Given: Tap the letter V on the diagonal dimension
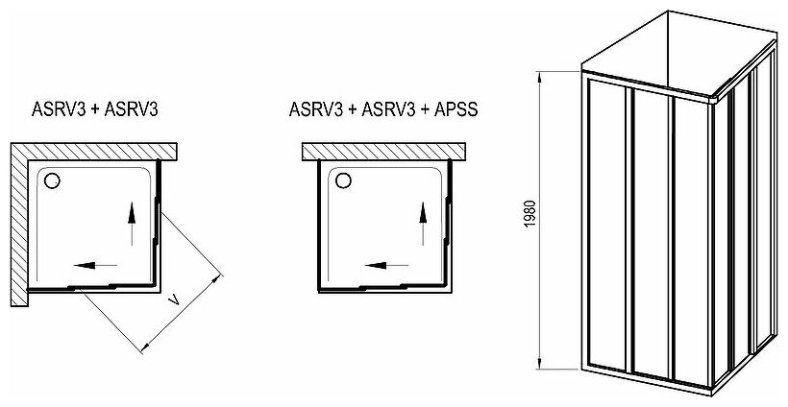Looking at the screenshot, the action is click(174, 300).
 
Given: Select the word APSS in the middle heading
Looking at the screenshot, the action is click(450, 109).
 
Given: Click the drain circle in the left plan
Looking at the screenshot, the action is click(52, 180).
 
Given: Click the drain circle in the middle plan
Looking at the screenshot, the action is click(344, 180).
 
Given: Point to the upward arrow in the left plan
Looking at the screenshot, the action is click(132, 224).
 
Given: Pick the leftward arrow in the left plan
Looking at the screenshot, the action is click(95, 265).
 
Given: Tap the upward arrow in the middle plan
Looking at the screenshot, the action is click(423, 224).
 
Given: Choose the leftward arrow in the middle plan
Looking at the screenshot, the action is click(387, 265).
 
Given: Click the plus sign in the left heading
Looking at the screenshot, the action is click(95, 109).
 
